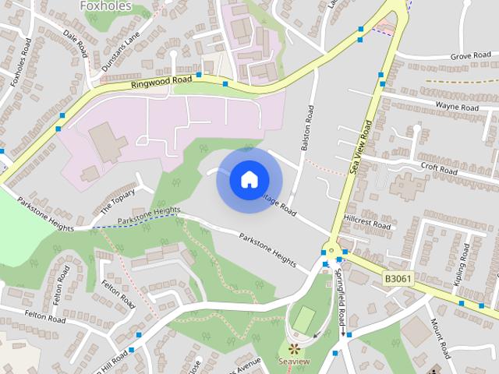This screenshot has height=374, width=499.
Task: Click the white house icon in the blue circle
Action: tap(248, 179)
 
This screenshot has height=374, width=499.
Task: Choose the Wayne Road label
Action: tap(456, 106)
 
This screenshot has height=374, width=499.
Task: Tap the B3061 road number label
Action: tap(398, 277)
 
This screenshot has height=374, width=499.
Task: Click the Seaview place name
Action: tap(294, 362)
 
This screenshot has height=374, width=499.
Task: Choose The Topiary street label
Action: tap(118, 203)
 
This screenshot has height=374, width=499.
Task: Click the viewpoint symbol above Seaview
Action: tap(294, 348)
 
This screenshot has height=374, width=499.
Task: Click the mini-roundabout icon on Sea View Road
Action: tap(331, 251)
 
